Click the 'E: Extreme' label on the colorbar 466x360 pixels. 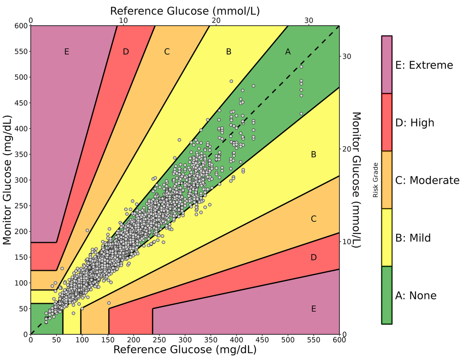(424, 65)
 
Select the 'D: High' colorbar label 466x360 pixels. (414, 123)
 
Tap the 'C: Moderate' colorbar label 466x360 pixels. (427, 180)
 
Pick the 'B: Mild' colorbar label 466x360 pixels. (413, 238)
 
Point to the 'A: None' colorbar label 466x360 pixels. (416, 296)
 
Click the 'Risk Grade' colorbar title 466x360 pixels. (376, 180)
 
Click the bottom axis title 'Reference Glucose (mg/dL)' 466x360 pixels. (185, 350)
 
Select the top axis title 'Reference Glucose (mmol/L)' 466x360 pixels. (185, 10)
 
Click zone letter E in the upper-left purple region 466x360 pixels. (67, 52)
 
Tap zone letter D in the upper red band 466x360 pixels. (125, 52)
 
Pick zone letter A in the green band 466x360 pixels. (288, 52)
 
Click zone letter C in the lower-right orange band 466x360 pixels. (314, 219)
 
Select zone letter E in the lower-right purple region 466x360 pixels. (314, 309)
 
